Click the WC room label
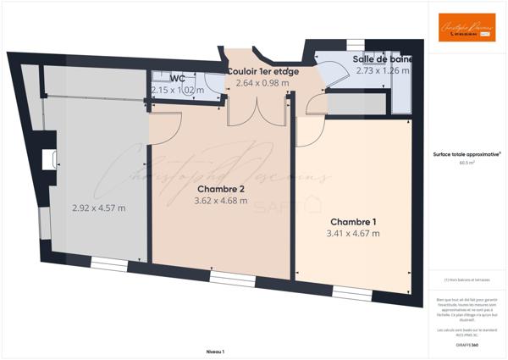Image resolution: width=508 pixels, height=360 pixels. tap(178, 78)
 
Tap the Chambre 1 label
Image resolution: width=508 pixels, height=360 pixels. tap(353, 222)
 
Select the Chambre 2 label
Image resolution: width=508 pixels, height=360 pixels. tap(221, 189)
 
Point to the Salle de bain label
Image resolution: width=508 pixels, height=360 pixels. tap(382, 59)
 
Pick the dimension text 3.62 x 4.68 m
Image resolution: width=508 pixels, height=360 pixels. tap(221, 201)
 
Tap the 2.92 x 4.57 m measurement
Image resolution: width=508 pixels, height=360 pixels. tap(98, 207)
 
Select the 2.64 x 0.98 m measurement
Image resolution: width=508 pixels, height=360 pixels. tap(262, 83)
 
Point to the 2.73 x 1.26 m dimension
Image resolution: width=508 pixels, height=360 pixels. tap(382, 71)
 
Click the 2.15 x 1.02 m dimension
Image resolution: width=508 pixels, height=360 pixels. tap(178, 89)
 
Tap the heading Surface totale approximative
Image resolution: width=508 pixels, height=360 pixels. tap(467, 154)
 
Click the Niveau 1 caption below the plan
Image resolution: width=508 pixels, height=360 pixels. tap(215, 350)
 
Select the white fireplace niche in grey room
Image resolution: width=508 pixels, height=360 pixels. tap(49, 158)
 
